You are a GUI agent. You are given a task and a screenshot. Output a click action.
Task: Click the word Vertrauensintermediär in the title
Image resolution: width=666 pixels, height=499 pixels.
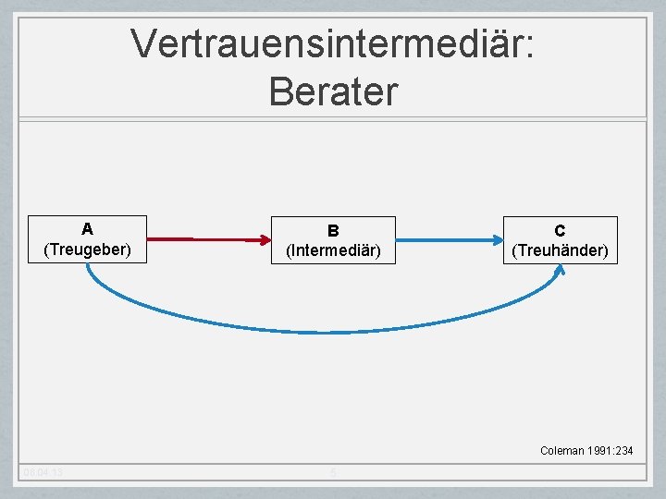tap(333, 43)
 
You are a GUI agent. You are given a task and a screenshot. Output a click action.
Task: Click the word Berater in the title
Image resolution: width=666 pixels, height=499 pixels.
tap(333, 91)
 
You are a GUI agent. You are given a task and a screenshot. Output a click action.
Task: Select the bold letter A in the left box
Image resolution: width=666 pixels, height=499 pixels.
tap(87, 228)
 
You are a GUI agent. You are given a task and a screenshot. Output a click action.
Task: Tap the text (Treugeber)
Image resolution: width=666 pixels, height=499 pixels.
tap(87, 249)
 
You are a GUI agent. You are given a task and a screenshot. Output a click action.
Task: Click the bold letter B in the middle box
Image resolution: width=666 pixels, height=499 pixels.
tap(333, 230)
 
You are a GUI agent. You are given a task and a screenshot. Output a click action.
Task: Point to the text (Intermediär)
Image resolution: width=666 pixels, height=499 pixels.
tap(333, 250)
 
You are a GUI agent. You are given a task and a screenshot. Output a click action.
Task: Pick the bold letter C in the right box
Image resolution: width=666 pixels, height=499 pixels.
tap(560, 230)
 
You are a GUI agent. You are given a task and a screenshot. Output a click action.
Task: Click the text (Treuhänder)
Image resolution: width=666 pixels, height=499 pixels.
tap(560, 250)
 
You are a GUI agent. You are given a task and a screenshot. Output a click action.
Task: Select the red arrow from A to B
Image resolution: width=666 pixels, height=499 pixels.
tap(203, 239)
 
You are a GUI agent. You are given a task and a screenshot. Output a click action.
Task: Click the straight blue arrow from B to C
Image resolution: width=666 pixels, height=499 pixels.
tap(444, 240)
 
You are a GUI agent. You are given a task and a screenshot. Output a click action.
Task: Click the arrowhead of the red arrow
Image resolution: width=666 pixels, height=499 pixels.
tap(260, 240)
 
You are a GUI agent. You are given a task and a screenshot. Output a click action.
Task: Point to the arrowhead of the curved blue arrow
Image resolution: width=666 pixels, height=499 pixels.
tap(561, 270)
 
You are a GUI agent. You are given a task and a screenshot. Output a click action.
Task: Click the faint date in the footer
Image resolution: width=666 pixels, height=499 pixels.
tap(44, 473)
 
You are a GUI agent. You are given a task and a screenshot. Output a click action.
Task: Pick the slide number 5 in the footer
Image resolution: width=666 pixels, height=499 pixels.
tap(333, 473)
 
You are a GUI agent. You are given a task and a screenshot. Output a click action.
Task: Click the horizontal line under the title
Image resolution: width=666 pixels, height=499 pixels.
tap(333, 118)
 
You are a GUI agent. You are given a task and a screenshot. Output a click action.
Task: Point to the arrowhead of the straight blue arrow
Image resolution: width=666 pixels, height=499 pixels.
tap(495, 240)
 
